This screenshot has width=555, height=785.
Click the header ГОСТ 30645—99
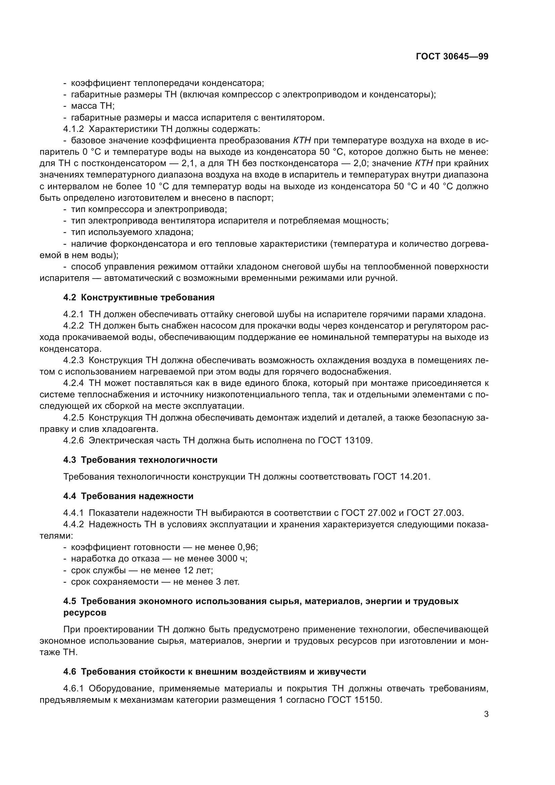coord(452,57)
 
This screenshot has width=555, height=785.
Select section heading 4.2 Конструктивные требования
coord(139,297)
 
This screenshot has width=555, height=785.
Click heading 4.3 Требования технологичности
coord(140,460)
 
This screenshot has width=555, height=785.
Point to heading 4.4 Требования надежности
coord(128,496)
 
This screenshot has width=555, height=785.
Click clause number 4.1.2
coord(73,129)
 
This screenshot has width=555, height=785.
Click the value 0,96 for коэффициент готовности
coord(247,547)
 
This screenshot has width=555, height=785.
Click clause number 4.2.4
coord(73,383)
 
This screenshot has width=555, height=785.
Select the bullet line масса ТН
coord(92,106)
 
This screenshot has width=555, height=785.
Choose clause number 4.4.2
coord(73,525)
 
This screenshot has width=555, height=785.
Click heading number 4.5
coord(70,601)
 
